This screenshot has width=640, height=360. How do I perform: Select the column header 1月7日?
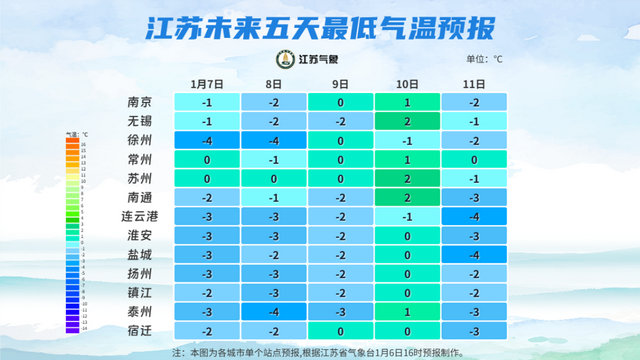pyautogui.click(x=207, y=84)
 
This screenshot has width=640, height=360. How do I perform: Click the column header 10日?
pyautogui.click(x=406, y=84)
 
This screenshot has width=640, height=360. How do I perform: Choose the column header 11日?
pyautogui.click(x=473, y=84)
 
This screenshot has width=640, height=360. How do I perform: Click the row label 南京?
pyautogui.click(x=140, y=102)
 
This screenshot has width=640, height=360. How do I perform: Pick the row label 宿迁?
pyautogui.click(x=140, y=331)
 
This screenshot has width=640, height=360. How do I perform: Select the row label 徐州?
pyautogui.click(x=140, y=140)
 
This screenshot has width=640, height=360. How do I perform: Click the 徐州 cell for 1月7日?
pyautogui.click(x=207, y=140)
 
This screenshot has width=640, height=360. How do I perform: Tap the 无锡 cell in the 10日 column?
pyautogui.click(x=406, y=121)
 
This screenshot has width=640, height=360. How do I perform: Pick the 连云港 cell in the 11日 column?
pyautogui.click(x=473, y=216)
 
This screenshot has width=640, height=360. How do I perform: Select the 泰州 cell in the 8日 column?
pyautogui.click(x=273, y=312)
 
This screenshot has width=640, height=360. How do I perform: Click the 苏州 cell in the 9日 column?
pyautogui.click(x=340, y=178)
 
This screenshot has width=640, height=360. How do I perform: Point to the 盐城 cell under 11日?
pyautogui.click(x=473, y=255)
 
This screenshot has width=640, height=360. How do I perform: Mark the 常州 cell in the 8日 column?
pyautogui.click(x=273, y=160)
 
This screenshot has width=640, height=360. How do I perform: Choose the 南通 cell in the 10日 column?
pyautogui.click(x=406, y=198)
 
